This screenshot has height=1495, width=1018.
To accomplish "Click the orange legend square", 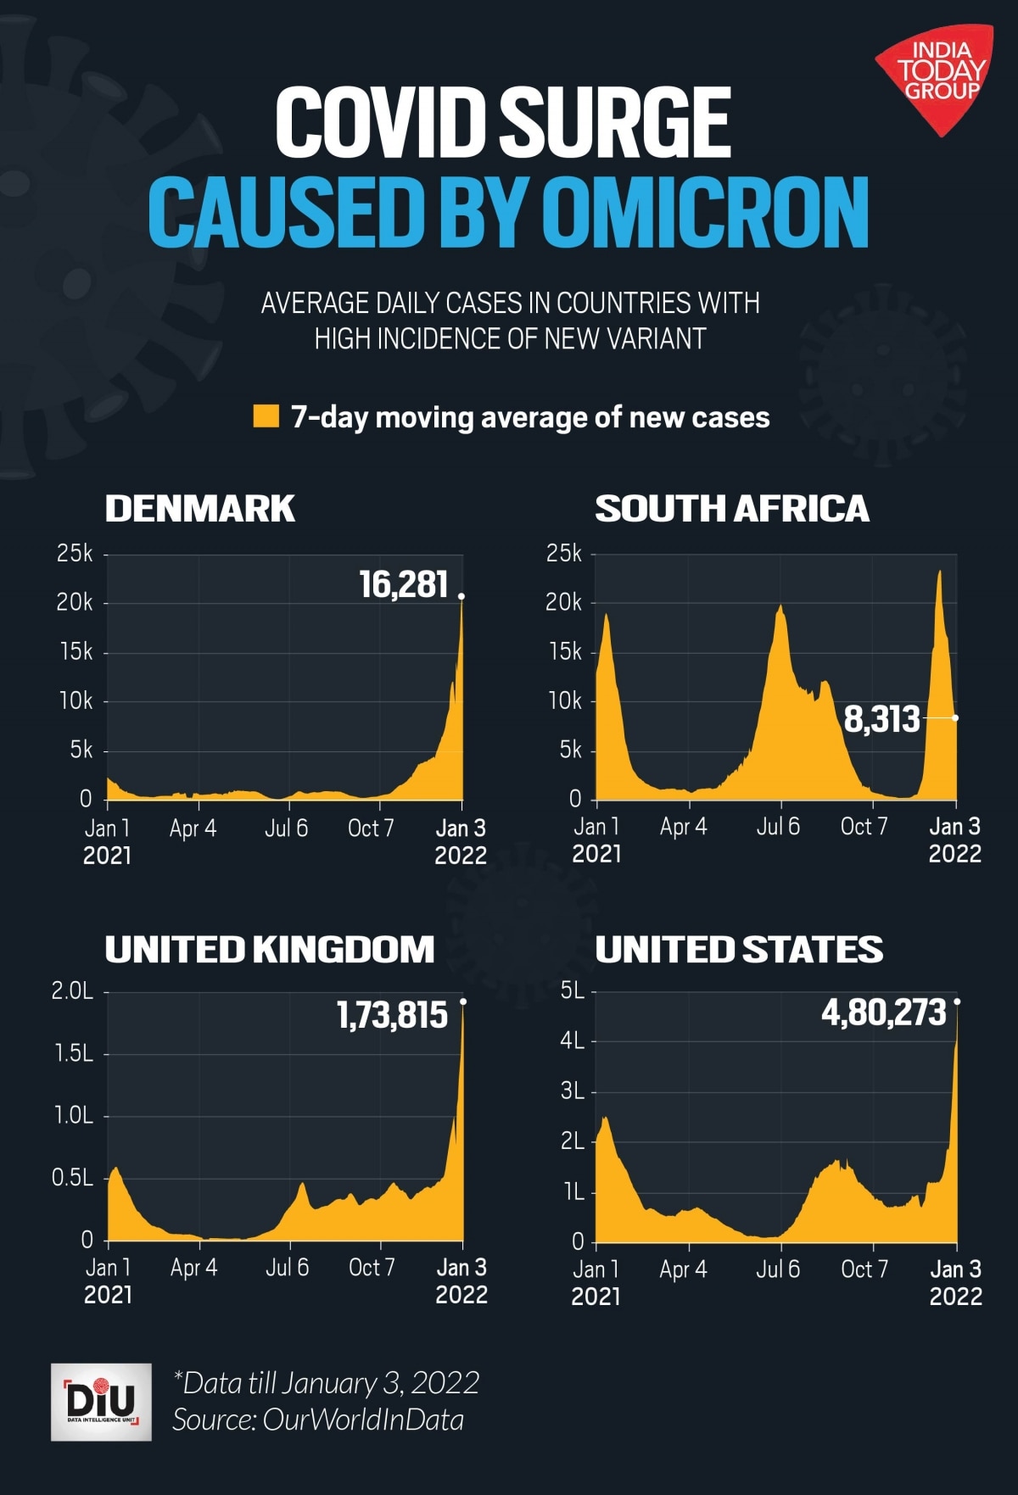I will tap(266, 416).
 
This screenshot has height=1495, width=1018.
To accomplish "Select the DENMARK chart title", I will tap(199, 509).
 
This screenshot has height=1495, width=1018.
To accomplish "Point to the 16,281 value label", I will tap(403, 584).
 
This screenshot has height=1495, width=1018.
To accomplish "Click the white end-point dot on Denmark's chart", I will tap(461, 596).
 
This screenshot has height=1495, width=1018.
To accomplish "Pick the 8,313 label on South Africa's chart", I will tap(881, 719).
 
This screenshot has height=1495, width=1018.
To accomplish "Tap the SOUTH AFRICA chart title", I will tap(731, 509).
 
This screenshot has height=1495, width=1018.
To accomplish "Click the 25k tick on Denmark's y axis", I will tap(75, 554).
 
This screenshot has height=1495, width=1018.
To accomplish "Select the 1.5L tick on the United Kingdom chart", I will tap(74, 1053).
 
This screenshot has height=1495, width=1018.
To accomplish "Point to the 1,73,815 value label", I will tap(391, 1015).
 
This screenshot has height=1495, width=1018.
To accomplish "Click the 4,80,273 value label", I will tap(883, 1012).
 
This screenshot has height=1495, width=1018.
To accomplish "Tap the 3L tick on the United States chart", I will tap(573, 1091).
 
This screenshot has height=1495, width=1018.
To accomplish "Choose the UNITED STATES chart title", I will tap(738, 950).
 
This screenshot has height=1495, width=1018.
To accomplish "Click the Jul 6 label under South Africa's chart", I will tap(778, 827).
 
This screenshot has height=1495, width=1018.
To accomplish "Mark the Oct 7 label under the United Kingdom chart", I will tap(372, 1268).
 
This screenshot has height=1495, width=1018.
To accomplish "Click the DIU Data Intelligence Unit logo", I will tap(101, 1402).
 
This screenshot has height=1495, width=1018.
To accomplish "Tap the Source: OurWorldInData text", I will tap(318, 1420).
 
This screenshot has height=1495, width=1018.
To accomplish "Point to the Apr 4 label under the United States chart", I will tap(683, 1269).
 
